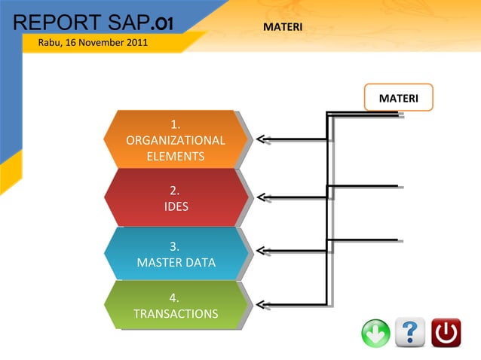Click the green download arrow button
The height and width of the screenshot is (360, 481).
click(x=376, y=333)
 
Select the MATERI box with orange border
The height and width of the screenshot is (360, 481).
click(x=399, y=98)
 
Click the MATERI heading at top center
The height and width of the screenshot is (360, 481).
click(x=283, y=27)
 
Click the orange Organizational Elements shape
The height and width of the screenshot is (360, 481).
click(x=176, y=139)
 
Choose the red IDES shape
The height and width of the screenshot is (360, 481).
click(x=176, y=197)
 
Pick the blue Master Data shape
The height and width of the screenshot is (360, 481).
click(x=176, y=254)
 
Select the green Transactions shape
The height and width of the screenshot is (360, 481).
click(x=176, y=305)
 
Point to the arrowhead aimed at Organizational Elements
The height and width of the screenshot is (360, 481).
click(x=260, y=139)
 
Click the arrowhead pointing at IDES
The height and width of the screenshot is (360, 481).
click(x=260, y=198)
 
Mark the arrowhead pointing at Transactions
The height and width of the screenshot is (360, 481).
click(x=260, y=305)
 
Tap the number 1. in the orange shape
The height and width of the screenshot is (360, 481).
click(x=175, y=124)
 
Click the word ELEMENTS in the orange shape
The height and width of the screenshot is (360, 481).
click(x=175, y=157)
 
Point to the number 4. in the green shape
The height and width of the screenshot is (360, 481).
click(x=174, y=297)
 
